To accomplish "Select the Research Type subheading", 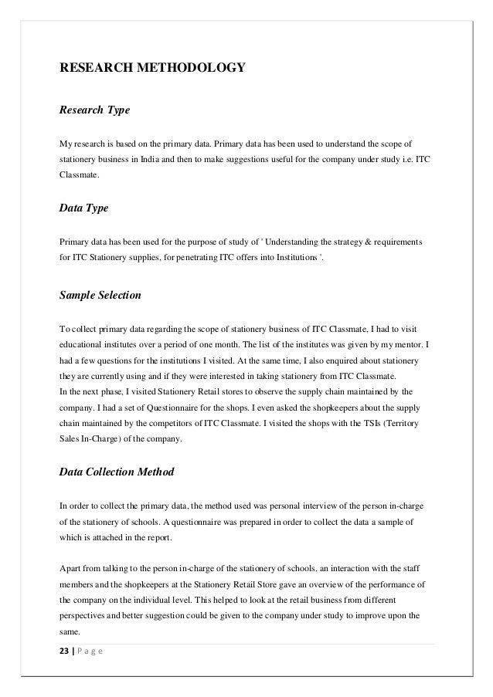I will pyautogui.click(x=94, y=110).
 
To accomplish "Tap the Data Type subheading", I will pyautogui.click(x=84, y=208).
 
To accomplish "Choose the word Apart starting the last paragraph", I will pyautogui.click(x=71, y=566).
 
